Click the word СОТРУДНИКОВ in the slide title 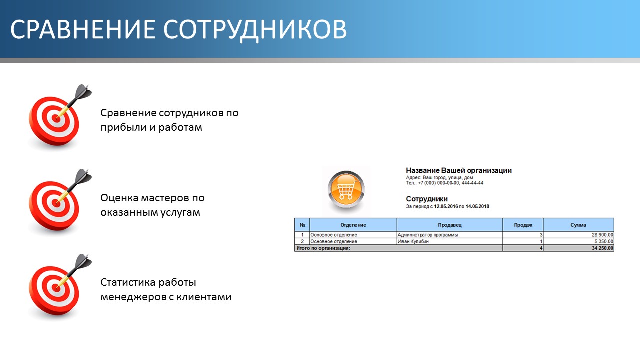[255, 29]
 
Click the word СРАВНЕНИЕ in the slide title [83, 29]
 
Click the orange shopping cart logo [346, 189]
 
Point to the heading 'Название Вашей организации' [459, 171]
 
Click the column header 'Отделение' [353, 225]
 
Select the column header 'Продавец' [450, 225]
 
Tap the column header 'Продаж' [523, 225]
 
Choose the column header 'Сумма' [578, 225]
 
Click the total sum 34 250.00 [602, 248]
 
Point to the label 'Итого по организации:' [323, 248]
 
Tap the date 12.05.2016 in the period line [446, 206]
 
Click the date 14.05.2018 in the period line [477, 206]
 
